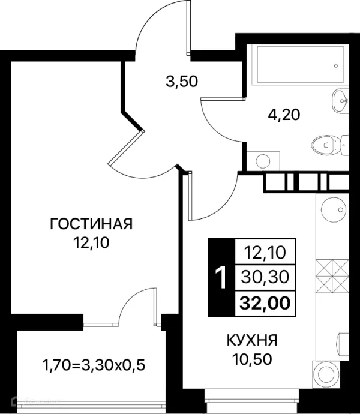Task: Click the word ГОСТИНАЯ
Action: tap(91, 224)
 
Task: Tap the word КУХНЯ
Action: tap(252, 340)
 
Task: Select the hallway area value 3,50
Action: tap(182, 82)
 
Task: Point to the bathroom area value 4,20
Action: tap(284, 115)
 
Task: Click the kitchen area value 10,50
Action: tap(252, 359)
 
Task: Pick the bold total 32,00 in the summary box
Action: tap(265, 304)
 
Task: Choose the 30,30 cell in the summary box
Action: tap(265, 277)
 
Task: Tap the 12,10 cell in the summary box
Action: tap(265, 253)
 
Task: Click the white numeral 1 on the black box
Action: tap(221, 277)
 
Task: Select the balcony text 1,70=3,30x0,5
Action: tap(94, 366)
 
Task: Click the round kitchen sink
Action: tap(334, 209)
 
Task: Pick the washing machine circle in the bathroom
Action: tap(263, 161)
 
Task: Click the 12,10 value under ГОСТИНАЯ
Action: tap(91, 243)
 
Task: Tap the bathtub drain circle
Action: tap(336, 66)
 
